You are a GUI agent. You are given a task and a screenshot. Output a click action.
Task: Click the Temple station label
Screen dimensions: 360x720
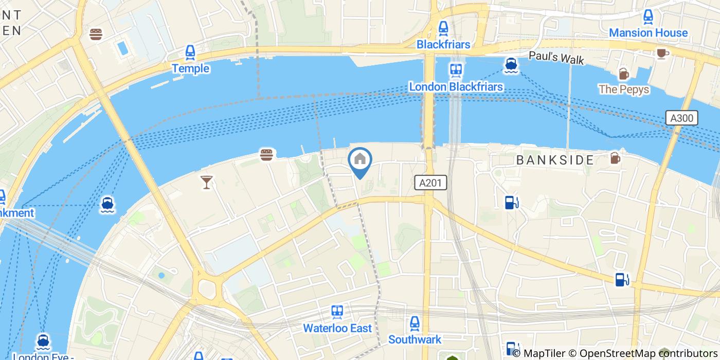tap(190, 68)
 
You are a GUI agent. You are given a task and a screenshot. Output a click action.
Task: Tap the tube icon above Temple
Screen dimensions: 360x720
tap(190, 52)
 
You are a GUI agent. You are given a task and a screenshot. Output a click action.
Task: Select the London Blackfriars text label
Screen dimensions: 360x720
tap(456, 86)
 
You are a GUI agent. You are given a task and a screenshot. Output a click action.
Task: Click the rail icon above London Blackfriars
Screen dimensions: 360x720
tap(456, 69)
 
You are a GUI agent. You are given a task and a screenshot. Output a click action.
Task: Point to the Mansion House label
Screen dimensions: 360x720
tap(648, 33)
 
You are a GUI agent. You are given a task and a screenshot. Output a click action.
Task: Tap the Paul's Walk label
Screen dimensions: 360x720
tap(556, 58)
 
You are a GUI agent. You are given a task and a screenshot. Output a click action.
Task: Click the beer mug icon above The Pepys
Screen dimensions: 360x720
tap(623, 74)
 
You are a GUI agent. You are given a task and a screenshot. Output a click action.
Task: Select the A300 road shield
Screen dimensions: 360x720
tap(682, 118)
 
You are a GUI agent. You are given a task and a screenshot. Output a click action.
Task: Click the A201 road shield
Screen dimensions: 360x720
tap(430, 183)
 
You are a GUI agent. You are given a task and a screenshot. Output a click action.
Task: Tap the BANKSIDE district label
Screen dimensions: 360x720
tap(555, 160)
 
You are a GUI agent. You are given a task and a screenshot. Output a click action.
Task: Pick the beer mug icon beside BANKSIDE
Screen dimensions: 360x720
tap(615, 158)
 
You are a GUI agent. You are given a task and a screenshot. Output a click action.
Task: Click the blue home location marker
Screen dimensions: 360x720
tap(360, 160)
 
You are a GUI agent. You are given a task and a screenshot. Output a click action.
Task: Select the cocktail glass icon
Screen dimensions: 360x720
tap(207, 182)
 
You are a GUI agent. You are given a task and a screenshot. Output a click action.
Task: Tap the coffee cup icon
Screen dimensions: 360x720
tap(661, 52)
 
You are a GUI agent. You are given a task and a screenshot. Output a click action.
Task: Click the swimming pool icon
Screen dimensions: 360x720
tap(123, 49)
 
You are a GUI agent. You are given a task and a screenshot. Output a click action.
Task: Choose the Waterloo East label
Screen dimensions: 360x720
tap(337, 328)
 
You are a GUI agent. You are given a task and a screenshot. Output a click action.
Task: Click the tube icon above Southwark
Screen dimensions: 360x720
tap(415, 323)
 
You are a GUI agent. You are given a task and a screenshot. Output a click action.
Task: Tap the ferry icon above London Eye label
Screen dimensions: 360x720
tap(43, 341)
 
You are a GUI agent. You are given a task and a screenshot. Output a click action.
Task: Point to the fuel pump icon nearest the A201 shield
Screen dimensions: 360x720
tap(511, 203)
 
